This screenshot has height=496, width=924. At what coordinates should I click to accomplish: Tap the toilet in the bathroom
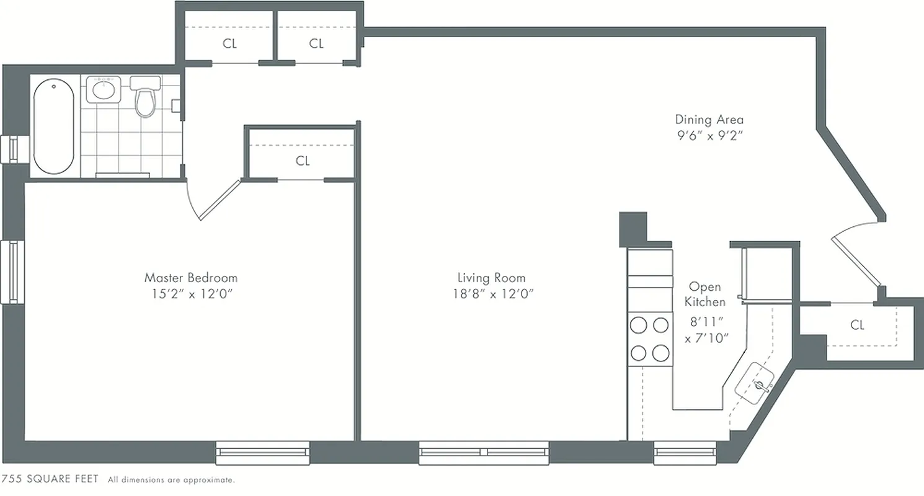[x=145, y=99]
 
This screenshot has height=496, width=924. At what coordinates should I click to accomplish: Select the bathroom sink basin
[x=102, y=90]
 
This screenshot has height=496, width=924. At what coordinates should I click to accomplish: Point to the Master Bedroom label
[x=190, y=278]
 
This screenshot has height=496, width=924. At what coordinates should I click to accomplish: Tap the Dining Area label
[x=709, y=120]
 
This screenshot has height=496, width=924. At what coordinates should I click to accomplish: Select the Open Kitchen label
[x=706, y=294]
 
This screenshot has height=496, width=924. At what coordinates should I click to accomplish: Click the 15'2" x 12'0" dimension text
[x=190, y=294]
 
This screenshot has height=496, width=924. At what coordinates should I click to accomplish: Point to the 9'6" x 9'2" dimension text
[x=709, y=136]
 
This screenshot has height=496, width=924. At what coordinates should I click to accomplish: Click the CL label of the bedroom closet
[x=303, y=161]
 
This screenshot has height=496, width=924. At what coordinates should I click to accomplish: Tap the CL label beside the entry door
[x=858, y=325]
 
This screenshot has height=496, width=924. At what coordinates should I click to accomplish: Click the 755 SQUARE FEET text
[x=50, y=479]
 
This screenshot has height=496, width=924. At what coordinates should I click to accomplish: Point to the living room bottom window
[x=484, y=453]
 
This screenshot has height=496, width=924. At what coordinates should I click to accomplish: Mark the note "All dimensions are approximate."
[x=171, y=480]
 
